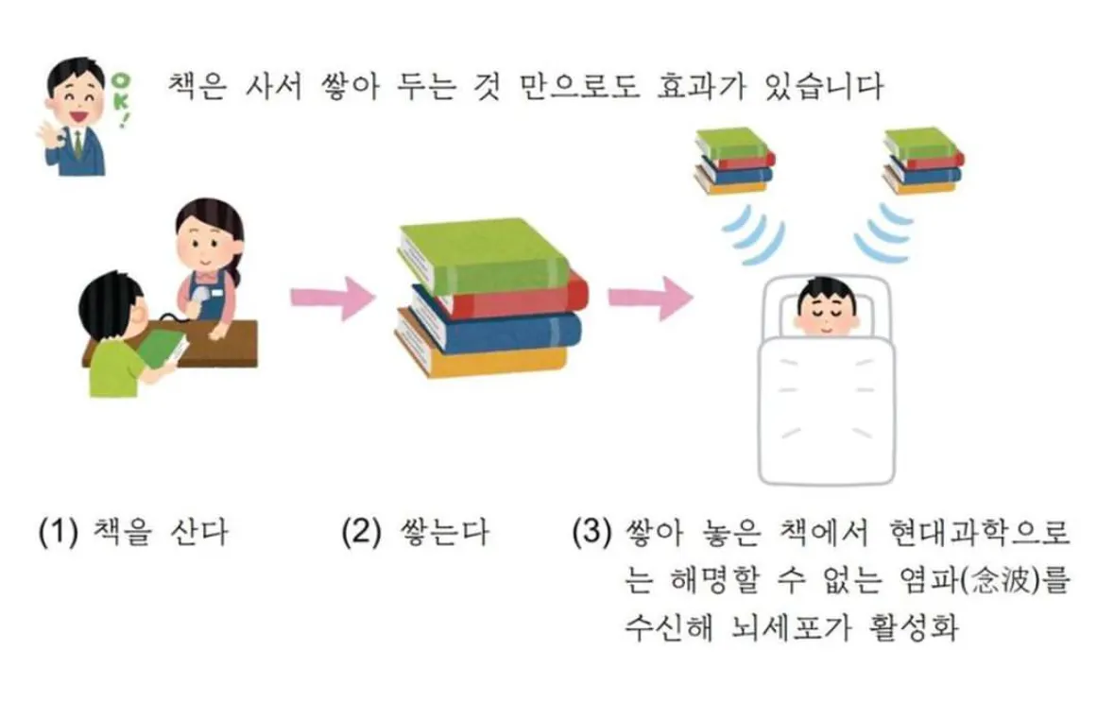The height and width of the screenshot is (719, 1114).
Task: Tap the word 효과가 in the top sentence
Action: point(700,87)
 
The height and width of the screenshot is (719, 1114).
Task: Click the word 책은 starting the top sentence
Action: point(197,87)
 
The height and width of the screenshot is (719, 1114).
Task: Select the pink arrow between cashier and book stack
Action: point(332,297)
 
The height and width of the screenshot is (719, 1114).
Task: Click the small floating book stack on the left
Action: point(734,161)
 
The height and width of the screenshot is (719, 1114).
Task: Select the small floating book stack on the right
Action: point(923,161)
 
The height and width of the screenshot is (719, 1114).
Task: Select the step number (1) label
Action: point(58,531)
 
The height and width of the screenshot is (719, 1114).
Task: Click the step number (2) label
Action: point(361,531)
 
